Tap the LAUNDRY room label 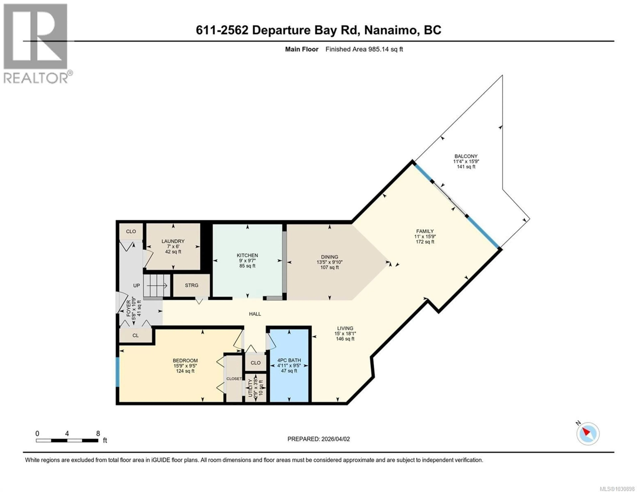(173, 241)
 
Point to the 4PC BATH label (289, 360)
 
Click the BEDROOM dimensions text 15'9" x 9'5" (185, 366)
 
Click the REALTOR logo (36, 44)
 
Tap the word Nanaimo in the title (390, 30)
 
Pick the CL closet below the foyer (135, 335)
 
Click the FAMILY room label (425, 231)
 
